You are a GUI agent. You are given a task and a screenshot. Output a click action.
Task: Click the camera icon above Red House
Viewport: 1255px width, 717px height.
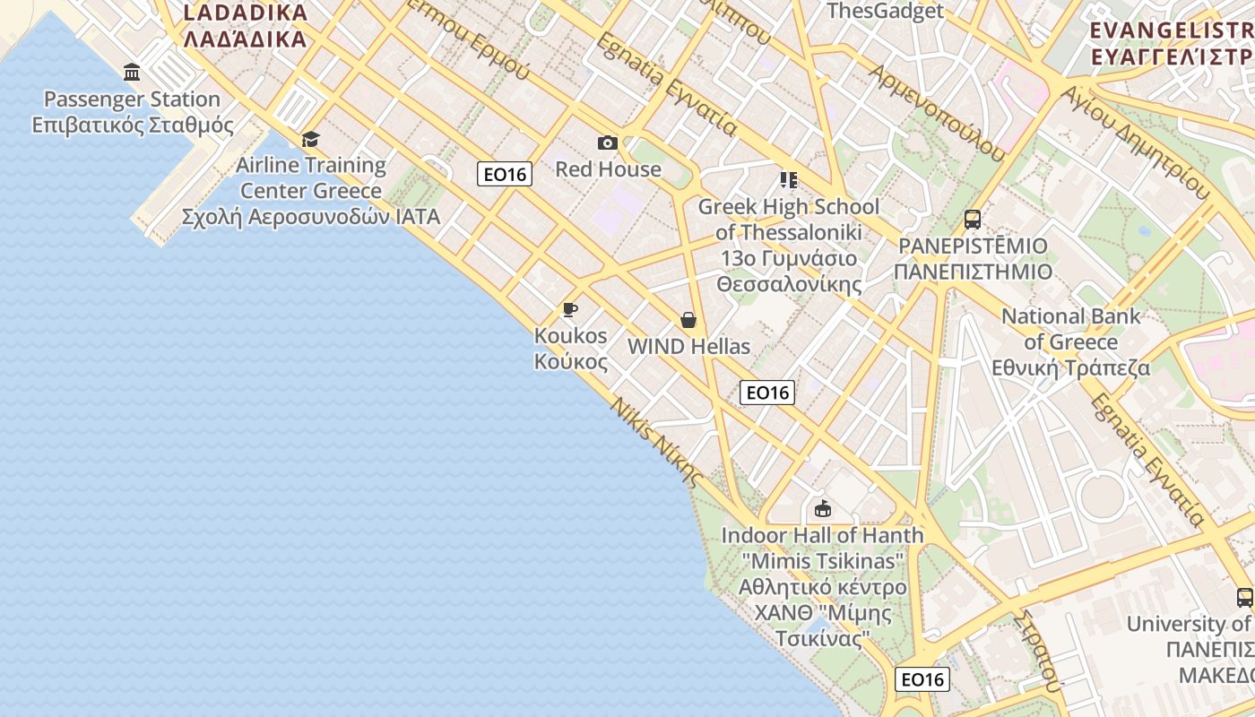(x=607, y=143)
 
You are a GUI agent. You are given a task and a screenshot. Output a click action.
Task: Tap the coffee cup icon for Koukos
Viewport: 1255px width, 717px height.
(x=569, y=310)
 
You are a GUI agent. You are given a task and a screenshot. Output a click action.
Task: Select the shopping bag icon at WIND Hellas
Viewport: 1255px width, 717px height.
(x=688, y=320)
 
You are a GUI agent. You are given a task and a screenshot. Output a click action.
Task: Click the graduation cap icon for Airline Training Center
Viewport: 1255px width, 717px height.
(x=310, y=139)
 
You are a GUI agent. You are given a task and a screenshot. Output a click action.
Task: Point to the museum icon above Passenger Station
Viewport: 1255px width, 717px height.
(x=132, y=73)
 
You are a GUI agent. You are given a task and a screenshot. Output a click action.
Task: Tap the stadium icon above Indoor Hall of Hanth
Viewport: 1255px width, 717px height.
(x=822, y=509)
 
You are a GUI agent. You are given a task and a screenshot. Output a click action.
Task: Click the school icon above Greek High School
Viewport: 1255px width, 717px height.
(x=788, y=180)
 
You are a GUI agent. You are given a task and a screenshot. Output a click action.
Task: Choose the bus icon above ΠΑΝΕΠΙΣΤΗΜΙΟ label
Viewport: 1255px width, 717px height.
(x=973, y=219)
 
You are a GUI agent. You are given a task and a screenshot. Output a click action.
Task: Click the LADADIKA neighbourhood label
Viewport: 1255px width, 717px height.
(x=245, y=26)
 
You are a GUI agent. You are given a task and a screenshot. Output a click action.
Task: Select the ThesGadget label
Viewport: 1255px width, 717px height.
(x=885, y=11)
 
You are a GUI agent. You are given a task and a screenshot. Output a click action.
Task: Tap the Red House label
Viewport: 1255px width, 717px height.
(x=608, y=169)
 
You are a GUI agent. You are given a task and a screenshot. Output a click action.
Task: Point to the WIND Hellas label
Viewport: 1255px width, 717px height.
(x=688, y=347)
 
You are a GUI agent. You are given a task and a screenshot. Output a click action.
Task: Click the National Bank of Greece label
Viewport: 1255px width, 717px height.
(x=1071, y=341)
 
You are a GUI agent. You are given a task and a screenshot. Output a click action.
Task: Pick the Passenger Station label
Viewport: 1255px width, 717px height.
(x=133, y=112)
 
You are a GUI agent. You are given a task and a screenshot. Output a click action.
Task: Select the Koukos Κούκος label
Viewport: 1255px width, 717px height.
(x=571, y=349)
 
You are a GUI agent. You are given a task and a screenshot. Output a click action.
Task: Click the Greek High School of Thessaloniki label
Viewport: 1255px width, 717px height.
(x=789, y=246)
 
